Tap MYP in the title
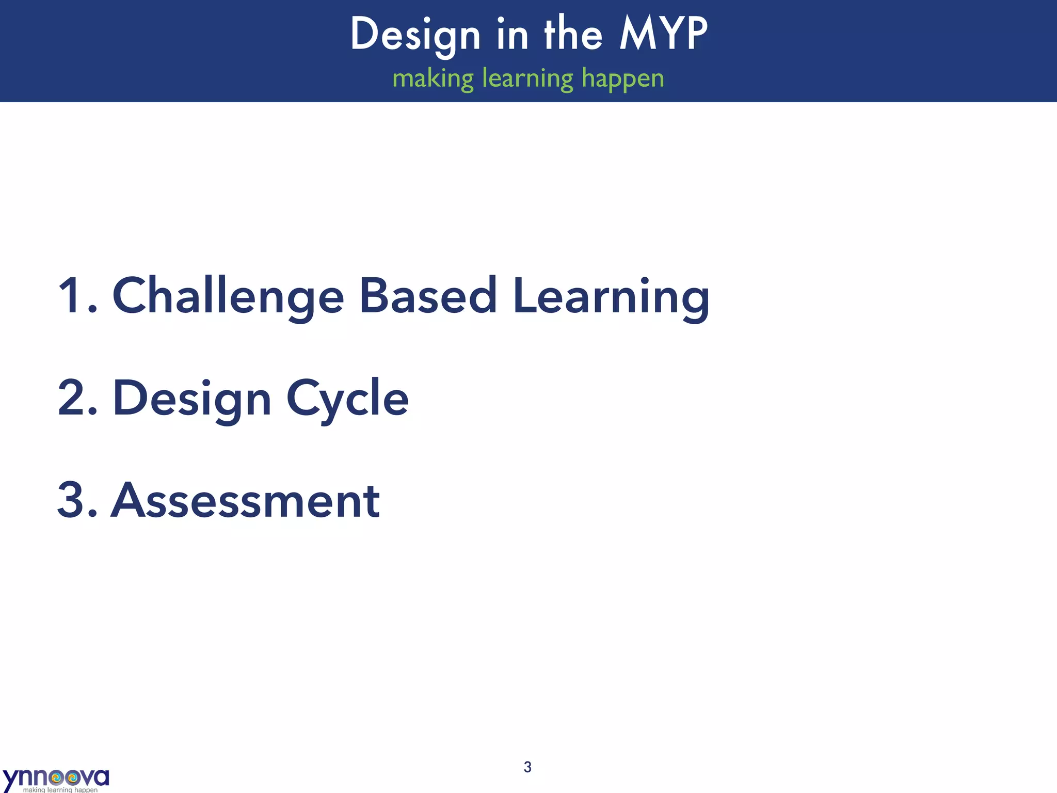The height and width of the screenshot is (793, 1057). (x=663, y=34)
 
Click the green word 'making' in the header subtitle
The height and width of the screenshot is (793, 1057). (x=433, y=78)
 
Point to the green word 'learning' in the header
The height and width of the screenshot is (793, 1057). (x=527, y=78)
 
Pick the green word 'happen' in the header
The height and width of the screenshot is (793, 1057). (x=622, y=78)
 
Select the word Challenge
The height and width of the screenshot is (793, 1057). (x=228, y=296)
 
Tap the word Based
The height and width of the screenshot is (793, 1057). (x=428, y=296)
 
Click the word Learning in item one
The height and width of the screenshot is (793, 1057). (x=611, y=296)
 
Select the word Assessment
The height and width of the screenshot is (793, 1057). (x=245, y=500)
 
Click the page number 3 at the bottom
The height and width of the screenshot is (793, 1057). (x=527, y=767)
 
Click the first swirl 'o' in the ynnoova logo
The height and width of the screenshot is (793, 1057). (x=57, y=777)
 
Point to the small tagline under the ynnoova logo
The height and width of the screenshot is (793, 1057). (x=60, y=789)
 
